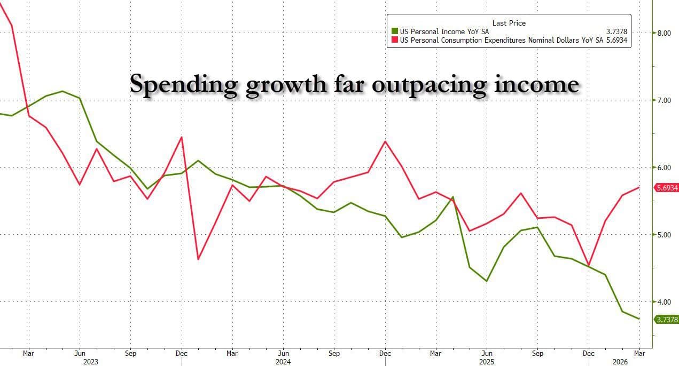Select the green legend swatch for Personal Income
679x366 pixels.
[395, 31]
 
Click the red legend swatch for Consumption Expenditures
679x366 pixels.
[395, 40]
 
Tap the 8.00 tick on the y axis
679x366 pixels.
[665, 33]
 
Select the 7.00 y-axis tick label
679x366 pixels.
[665, 100]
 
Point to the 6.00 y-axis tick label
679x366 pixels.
[665, 168]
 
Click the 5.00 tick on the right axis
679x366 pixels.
[665, 235]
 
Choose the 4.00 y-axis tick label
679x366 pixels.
[665, 302]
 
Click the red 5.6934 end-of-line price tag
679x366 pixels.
[666, 188]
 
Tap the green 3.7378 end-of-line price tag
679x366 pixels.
[666, 320]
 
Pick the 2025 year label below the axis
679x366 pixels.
[486, 361]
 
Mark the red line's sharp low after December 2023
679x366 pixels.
[198, 259]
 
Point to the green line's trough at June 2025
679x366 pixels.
[487, 281]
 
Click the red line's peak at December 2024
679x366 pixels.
[385, 141]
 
